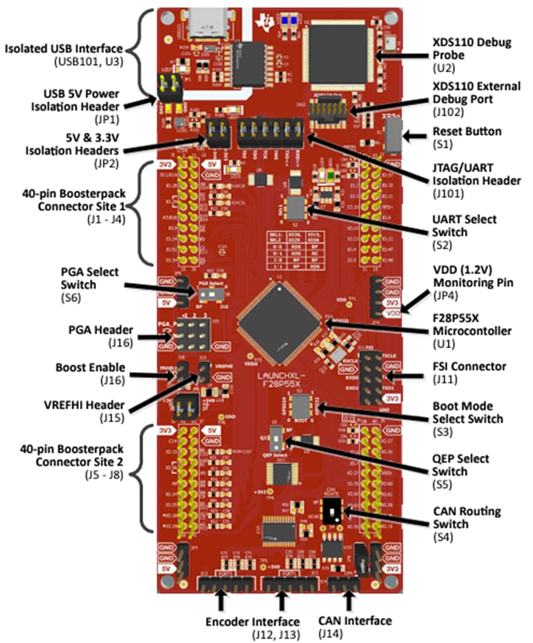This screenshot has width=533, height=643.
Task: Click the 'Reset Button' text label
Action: (466, 131)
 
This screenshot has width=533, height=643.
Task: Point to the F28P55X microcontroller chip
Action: (279, 322)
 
